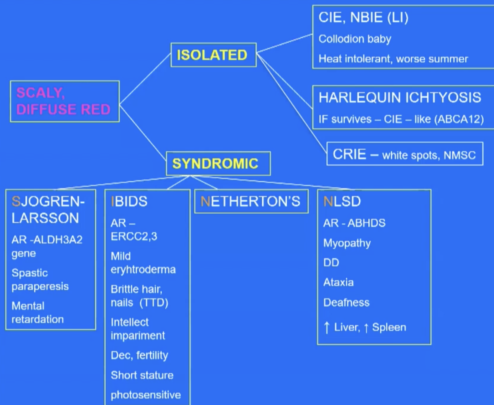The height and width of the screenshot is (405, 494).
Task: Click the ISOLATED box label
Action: click(212, 55)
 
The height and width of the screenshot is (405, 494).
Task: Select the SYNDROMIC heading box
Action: click(215, 163)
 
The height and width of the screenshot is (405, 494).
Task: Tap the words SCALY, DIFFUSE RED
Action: click(63, 101)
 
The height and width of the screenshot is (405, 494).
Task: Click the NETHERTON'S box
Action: click(251, 201)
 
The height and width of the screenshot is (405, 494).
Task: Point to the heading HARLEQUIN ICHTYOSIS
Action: click(400, 97)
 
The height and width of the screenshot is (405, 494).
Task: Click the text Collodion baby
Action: click(355, 39)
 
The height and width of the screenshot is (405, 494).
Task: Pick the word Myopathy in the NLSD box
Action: click(347, 243)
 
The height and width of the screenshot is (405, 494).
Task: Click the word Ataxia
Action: click(338, 282)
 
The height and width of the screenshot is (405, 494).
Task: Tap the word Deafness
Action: click(346, 302)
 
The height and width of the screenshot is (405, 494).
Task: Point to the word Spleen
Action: click(389, 327)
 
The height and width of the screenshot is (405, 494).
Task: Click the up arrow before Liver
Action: click(327, 327)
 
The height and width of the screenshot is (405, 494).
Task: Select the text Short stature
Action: click(142, 375)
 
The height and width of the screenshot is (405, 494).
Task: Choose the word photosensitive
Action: click(146, 395)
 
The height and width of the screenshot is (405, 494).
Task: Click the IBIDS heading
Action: click(129, 201)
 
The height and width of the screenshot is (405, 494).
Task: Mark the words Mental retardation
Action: click(38, 313)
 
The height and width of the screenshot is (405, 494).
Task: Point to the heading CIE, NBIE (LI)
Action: click(363, 18)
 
